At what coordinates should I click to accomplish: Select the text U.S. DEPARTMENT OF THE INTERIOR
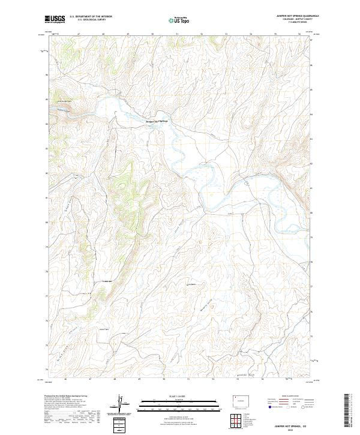tap(91, 17)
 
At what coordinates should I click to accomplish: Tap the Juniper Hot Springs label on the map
tap(155, 122)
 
